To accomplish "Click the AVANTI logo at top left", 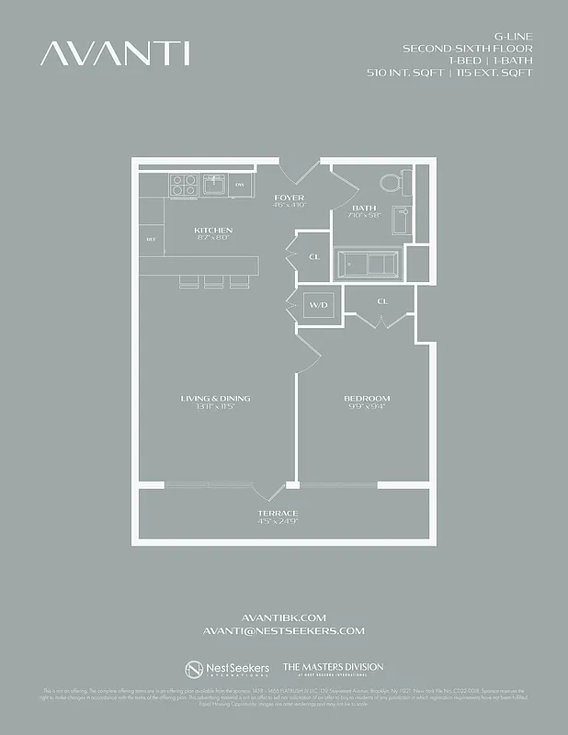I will [x=115, y=53].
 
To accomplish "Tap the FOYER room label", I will [x=290, y=198].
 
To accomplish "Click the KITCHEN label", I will [x=212, y=230].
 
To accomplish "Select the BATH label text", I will [x=364, y=208].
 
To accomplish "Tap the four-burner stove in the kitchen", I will [x=183, y=184].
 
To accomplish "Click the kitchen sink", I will [x=216, y=185].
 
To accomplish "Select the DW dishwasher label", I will [x=240, y=185].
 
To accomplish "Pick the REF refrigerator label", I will [x=151, y=240].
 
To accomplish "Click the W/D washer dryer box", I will [x=318, y=305].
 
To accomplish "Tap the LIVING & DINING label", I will [x=215, y=398].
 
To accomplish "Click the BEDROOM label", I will [x=367, y=398].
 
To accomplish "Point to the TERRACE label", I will [x=278, y=513].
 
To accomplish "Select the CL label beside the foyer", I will [x=313, y=257].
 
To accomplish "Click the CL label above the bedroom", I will [x=382, y=300].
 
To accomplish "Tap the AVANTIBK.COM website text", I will [x=283, y=617].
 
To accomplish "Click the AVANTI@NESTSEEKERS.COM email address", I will [x=283, y=631].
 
